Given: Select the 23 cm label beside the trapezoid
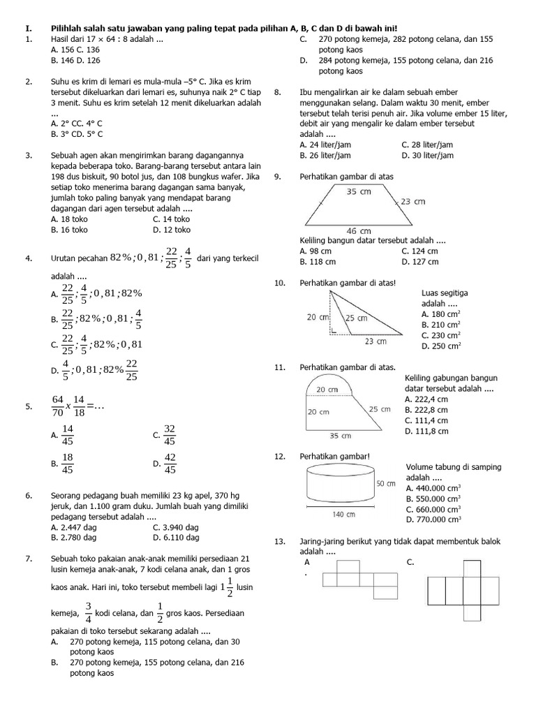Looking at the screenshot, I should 413,202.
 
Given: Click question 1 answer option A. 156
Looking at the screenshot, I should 66,50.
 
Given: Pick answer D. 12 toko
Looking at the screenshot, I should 171,229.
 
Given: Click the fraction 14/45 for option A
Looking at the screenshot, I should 67,435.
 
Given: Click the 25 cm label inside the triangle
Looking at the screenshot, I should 356,318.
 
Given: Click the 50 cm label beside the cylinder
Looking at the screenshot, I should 386,483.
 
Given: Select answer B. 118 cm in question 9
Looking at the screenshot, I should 318,262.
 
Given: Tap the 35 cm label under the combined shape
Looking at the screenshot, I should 340,436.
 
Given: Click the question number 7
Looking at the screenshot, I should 29,559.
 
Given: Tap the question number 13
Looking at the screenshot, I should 281,541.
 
